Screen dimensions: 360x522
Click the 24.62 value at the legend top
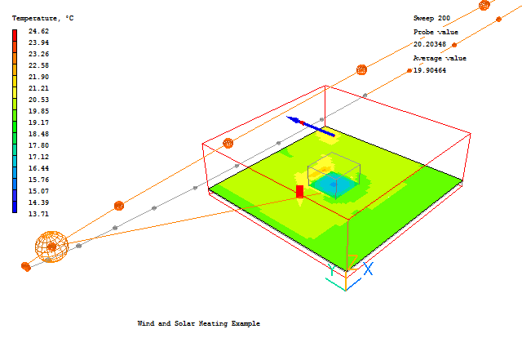point(38,31)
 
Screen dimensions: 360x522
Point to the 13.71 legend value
point(38,214)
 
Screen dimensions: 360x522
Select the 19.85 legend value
point(38,111)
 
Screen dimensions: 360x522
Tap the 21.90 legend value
point(38,77)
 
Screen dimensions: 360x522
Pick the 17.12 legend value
point(38,157)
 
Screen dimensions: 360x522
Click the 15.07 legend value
point(38,191)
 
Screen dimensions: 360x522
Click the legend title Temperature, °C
point(42,17)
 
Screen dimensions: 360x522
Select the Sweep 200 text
point(431,18)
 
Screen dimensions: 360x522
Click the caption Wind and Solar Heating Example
point(198,323)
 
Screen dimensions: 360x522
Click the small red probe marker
point(299,191)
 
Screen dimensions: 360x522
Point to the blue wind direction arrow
point(310,125)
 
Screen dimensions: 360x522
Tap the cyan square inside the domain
point(334,186)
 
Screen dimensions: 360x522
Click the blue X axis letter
point(368,268)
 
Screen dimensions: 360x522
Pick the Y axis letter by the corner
point(332,269)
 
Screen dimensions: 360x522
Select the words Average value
point(440,58)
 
